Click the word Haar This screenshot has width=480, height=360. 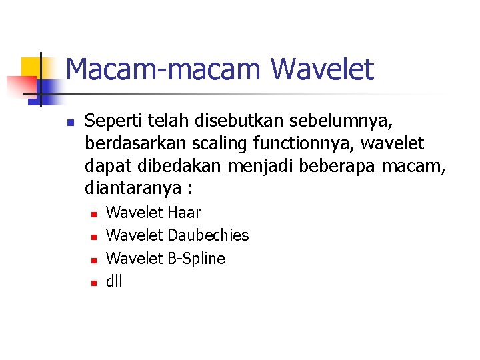tap(185, 213)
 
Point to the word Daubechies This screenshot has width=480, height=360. tap(209, 235)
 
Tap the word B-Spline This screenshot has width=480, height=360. tap(197, 258)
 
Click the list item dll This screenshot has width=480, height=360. tap(114, 281)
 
